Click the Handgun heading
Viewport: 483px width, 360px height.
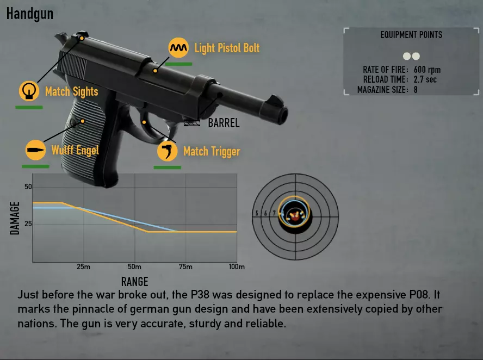[x=30, y=14]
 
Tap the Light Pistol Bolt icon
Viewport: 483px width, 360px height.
[x=178, y=48]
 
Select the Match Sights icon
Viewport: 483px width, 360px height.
[x=29, y=91]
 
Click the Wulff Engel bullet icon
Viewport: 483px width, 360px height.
[x=35, y=150]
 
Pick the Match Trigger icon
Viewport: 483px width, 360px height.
[x=168, y=151]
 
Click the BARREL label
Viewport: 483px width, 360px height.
[x=224, y=123]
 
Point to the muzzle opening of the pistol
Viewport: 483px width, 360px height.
[x=284, y=115]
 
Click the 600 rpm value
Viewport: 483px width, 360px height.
[x=427, y=70]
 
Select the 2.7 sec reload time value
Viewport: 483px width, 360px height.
[x=425, y=79]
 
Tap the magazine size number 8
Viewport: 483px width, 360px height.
[x=416, y=90]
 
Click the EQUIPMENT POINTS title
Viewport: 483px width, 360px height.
[x=411, y=35]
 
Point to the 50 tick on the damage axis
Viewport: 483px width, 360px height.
[x=28, y=187]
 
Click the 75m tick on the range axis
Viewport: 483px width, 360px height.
[x=185, y=266]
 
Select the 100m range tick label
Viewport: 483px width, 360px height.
[x=237, y=266]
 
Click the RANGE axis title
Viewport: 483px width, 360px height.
[x=134, y=282]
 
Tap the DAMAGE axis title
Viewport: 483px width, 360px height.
[x=15, y=218]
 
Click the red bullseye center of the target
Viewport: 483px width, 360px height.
[x=295, y=217]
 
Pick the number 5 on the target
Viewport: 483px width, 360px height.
[x=257, y=213]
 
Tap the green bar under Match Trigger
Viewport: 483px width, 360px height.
[x=168, y=167]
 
